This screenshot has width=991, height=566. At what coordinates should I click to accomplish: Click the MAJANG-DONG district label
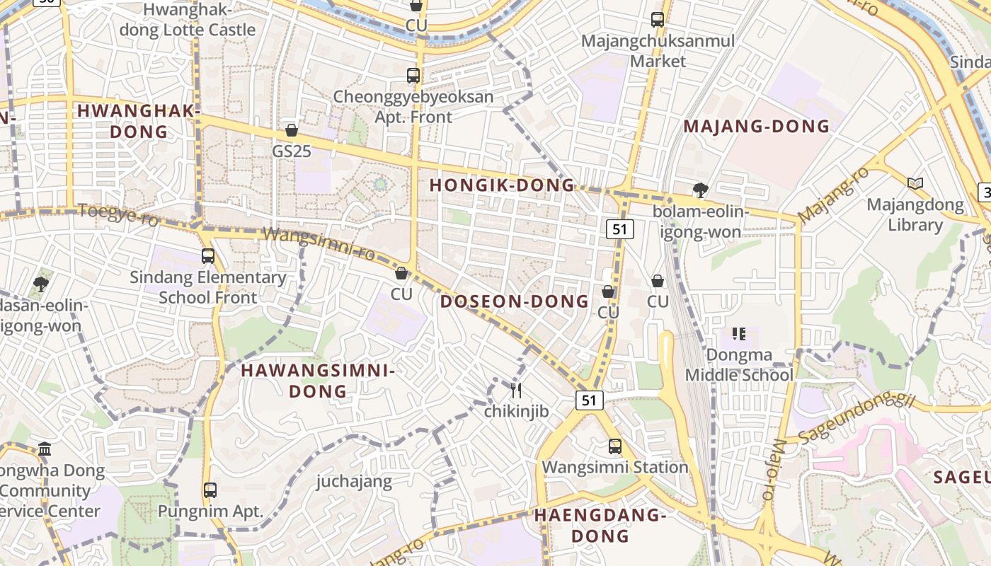756,127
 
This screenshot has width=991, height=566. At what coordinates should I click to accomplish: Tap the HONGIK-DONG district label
503,185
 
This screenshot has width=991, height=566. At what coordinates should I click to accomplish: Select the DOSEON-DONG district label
515,301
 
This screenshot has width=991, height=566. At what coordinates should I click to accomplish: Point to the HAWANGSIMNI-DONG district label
318,381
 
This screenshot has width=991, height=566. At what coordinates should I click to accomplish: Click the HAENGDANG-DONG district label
600,525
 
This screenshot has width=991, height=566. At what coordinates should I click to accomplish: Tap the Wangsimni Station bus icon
614,446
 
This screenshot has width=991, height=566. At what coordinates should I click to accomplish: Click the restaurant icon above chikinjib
516,390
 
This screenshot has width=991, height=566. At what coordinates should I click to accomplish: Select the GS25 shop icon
291,130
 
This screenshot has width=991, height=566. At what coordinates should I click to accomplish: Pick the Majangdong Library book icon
915,183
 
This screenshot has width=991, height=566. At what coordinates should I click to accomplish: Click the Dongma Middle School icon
739,333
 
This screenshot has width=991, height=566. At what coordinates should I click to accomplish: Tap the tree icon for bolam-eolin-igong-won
700,190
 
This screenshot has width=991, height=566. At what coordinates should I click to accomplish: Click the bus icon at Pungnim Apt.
210,490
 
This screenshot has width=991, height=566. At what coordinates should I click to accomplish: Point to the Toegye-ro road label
118,213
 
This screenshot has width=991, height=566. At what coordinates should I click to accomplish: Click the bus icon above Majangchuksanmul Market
658,20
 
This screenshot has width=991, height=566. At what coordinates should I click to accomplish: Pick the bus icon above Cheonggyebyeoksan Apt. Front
413,75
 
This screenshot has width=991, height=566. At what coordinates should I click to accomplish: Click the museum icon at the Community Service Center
45,449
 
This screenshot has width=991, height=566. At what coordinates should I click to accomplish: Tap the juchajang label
354,482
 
